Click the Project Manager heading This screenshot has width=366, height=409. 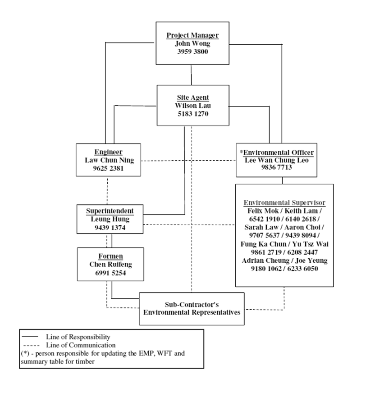point(192,36)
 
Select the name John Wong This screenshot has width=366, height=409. point(192,44)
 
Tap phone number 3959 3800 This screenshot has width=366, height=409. point(192,51)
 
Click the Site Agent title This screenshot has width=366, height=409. point(193,98)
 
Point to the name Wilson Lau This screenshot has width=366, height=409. point(193,106)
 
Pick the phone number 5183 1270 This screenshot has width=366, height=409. point(193,114)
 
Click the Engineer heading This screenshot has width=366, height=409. point(109,152)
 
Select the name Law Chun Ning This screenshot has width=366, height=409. point(109,160)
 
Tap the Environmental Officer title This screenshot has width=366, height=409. point(284,152)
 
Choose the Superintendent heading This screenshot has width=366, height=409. point(110,211)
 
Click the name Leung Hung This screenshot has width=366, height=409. point(110,219)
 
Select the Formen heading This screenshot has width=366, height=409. point(110,256)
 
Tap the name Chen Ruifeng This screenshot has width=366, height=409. point(110,265)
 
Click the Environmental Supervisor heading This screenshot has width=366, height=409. point(284,202)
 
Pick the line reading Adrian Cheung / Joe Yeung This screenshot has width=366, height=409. point(284,260)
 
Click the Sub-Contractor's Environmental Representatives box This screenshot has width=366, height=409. point(192,308)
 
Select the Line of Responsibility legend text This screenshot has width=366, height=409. point(78,337)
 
